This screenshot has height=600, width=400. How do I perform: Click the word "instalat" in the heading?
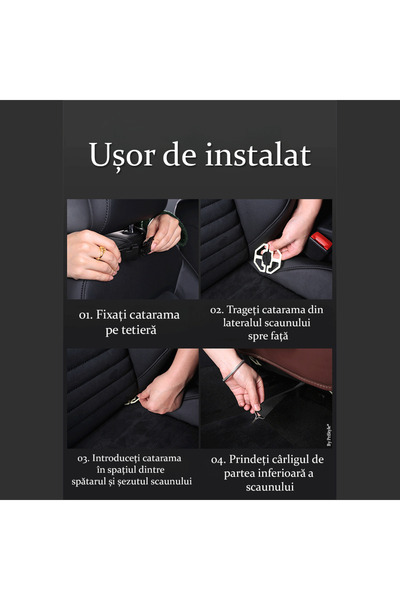[258, 155]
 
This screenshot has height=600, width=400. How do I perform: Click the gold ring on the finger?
[102, 253]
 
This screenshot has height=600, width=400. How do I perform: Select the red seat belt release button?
[321, 240]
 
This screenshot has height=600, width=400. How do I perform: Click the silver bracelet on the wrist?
[233, 371]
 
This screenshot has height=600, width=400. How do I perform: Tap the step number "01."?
[86, 315]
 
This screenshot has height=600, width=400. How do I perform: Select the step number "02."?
[217, 310]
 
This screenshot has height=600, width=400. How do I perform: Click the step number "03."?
[83, 458]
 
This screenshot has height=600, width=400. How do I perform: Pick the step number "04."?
[218, 460]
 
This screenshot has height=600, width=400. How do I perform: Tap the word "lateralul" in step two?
[241, 323]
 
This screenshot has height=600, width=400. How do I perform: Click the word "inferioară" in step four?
[280, 473]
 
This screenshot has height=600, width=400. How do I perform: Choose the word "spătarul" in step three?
[88, 481]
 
